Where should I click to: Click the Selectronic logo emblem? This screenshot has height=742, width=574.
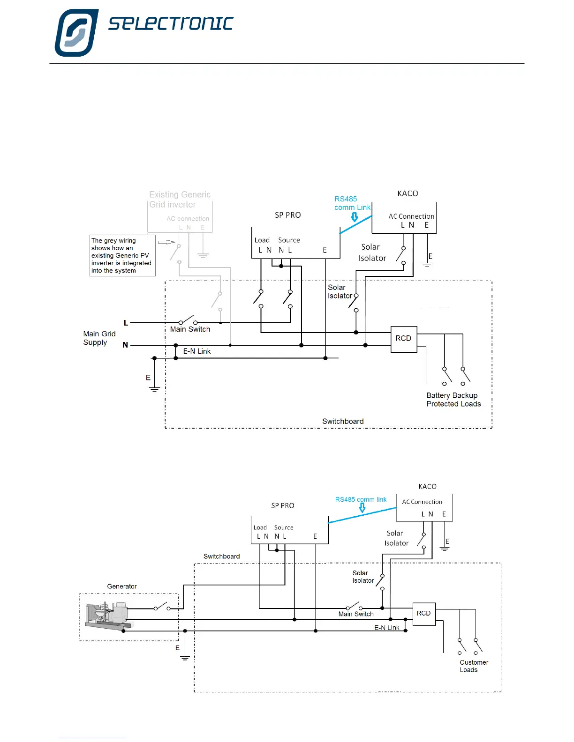pyautogui.click(x=76, y=32)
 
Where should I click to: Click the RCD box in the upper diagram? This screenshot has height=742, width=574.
pyautogui.click(x=403, y=339)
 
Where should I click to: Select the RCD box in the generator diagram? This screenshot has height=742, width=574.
pyautogui.click(x=424, y=614)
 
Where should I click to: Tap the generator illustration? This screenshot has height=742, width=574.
pyautogui.click(x=108, y=615)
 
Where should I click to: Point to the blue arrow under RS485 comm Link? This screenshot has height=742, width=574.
pyautogui.click(x=355, y=217)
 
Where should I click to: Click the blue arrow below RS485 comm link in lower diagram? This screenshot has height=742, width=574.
pyautogui.click(x=362, y=508)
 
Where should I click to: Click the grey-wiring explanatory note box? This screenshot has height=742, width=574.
pyautogui.click(x=122, y=255)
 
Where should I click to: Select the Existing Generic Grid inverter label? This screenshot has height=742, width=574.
pyautogui.click(x=180, y=200)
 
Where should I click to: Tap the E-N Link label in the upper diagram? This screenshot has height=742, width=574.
pyautogui.click(x=196, y=351)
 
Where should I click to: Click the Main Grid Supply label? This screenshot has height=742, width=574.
pyautogui.click(x=99, y=338)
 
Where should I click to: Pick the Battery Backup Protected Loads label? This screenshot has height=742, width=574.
pyautogui.click(x=453, y=400)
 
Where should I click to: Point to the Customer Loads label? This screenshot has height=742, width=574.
pyautogui.click(x=473, y=666)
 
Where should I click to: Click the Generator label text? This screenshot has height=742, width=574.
pyautogui.click(x=122, y=586)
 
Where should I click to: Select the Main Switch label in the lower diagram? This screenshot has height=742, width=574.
pyautogui.click(x=356, y=614)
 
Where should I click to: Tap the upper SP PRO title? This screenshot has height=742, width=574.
pyautogui.click(x=287, y=215)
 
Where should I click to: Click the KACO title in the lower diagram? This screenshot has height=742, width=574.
pyautogui.click(x=427, y=487)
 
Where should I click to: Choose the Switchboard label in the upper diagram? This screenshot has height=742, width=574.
pyautogui.click(x=343, y=422)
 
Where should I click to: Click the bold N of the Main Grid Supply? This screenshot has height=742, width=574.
pyautogui.click(x=125, y=345)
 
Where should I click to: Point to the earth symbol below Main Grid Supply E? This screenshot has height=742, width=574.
pyautogui.click(x=154, y=389)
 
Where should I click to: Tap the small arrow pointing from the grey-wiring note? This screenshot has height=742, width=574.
pyautogui.click(x=166, y=242)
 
